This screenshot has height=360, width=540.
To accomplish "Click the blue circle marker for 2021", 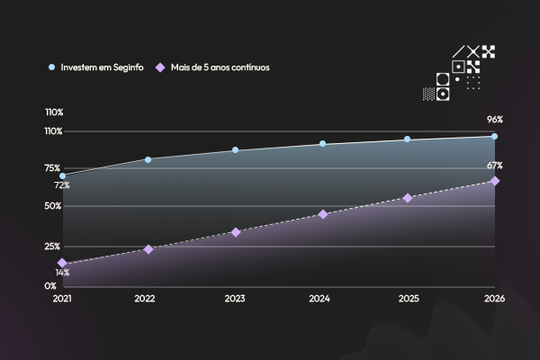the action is (x=62, y=176).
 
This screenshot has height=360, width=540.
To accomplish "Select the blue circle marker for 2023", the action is (x=235, y=150).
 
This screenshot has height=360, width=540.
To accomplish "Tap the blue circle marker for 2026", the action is (x=494, y=137).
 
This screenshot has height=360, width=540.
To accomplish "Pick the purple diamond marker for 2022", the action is (x=148, y=249).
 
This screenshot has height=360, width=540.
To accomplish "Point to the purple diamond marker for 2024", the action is (x=323, y=214).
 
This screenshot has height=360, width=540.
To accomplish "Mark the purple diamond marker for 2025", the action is (x=408, y=198).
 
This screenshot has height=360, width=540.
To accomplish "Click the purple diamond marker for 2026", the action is (x=495, y=181).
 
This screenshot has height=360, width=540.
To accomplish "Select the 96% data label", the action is (x=495, y=120).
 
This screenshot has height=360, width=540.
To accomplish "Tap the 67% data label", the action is (x=495, y=166).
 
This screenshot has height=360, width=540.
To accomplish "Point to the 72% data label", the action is (x=62, y=185).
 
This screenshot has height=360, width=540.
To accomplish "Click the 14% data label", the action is (x=62, y=273).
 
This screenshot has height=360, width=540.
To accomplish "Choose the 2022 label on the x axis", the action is (x=145, y=299).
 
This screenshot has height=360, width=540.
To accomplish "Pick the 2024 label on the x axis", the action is (x=319, y=299).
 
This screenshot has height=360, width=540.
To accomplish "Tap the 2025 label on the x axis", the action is (x=409, y=299).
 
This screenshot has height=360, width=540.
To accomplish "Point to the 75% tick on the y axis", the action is (x=52, y=168).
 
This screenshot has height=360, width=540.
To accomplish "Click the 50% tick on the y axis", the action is (x=53, y=206).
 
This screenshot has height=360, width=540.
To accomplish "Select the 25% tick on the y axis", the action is (x=52, y=247).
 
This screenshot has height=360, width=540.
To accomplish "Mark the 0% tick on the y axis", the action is (x=50, y=286).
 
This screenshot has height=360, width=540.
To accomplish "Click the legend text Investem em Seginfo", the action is (x=102, y=67).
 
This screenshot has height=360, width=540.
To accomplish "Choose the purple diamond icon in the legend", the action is (x=160, y=67).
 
